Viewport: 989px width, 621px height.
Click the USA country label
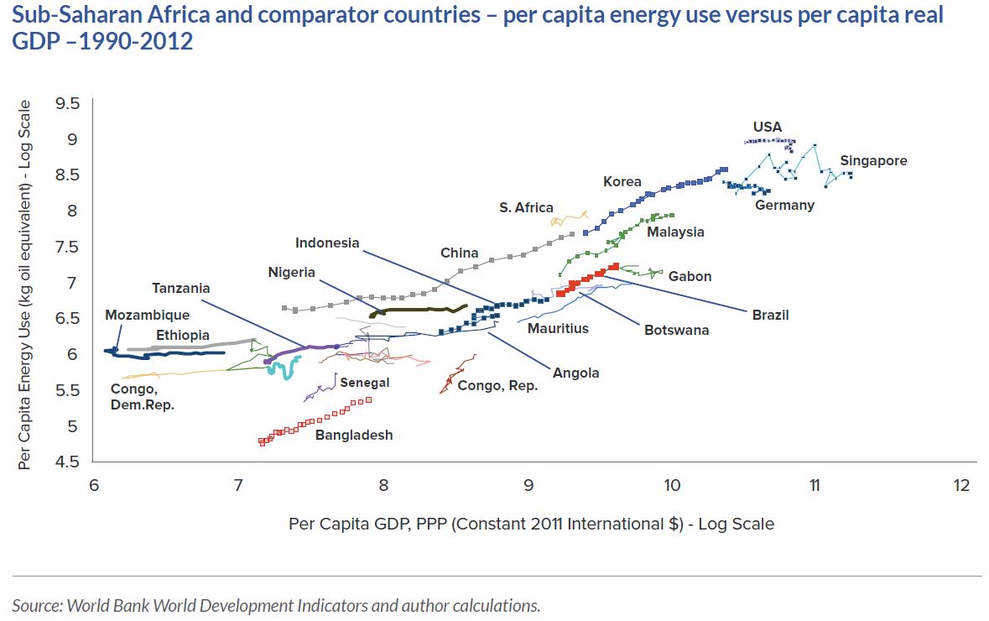point(767,127)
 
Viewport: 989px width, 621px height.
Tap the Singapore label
point(873,161)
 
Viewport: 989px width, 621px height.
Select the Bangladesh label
point(354,435)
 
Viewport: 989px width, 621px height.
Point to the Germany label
point(784,205)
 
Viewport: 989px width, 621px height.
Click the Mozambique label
point(147,315)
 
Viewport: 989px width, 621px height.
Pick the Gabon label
point(690,276)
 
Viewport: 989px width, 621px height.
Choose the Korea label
point(622,182)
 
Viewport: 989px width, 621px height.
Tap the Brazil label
point(770,315)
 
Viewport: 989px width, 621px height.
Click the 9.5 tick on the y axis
point(67,103)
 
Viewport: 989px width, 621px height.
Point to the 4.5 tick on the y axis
point(67,462)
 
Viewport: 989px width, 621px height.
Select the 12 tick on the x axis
point(961,485)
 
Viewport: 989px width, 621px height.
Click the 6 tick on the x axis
point(93,485)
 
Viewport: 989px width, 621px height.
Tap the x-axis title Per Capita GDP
point(532,524)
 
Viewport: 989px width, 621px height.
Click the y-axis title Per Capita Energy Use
point(24,284)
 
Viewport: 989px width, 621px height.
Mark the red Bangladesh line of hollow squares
point(315,421)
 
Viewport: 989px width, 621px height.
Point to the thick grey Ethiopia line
point(190,345)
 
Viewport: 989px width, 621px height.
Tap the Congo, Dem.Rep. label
point(143,397)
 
